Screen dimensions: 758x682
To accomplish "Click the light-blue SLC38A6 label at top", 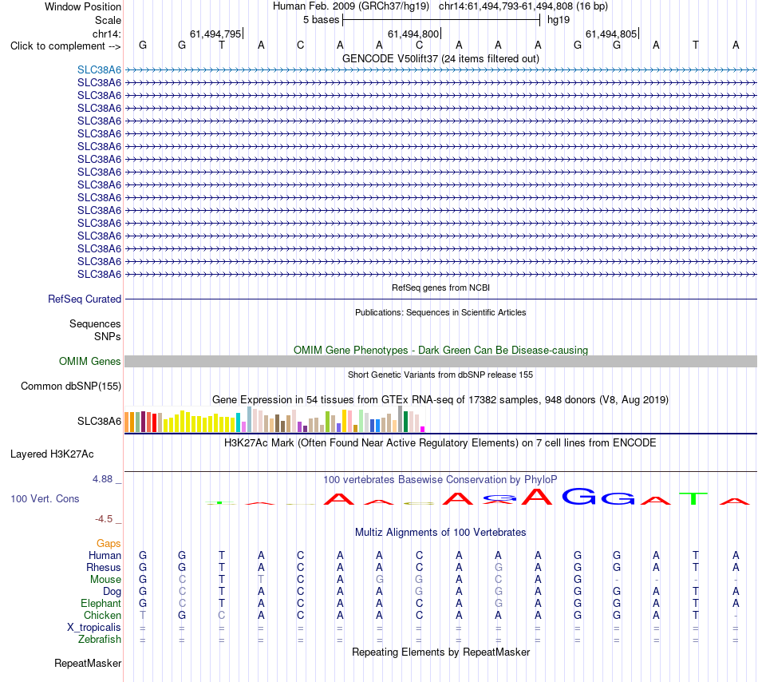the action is coord(99,70).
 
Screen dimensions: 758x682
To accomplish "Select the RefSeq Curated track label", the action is coord(85,299).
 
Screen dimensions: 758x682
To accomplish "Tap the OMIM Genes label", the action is coord(90,361).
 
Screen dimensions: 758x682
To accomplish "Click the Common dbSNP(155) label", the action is coord(71,386).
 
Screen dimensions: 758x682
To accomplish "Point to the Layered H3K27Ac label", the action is coord(52,454).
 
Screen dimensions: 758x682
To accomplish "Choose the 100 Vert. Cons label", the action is coord(45,498).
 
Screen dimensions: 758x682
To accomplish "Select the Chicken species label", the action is coord(102,615).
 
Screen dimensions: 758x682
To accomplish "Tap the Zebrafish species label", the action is coord(100,640).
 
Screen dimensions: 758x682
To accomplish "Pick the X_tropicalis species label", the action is coord(94,628).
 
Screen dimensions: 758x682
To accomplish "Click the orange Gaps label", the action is coord(109,544).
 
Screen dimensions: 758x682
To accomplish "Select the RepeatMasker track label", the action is coord(88,663).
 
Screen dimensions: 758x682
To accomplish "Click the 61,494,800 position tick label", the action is coord(413,34).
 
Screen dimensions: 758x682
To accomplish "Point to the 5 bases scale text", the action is coord(321,20).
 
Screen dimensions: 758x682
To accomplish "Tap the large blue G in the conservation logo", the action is coord(578,496).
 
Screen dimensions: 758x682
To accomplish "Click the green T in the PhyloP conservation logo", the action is coord(693,498).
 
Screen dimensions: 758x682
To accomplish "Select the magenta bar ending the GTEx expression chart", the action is coord(423,429).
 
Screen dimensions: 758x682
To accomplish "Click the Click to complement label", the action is coord(65,46).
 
